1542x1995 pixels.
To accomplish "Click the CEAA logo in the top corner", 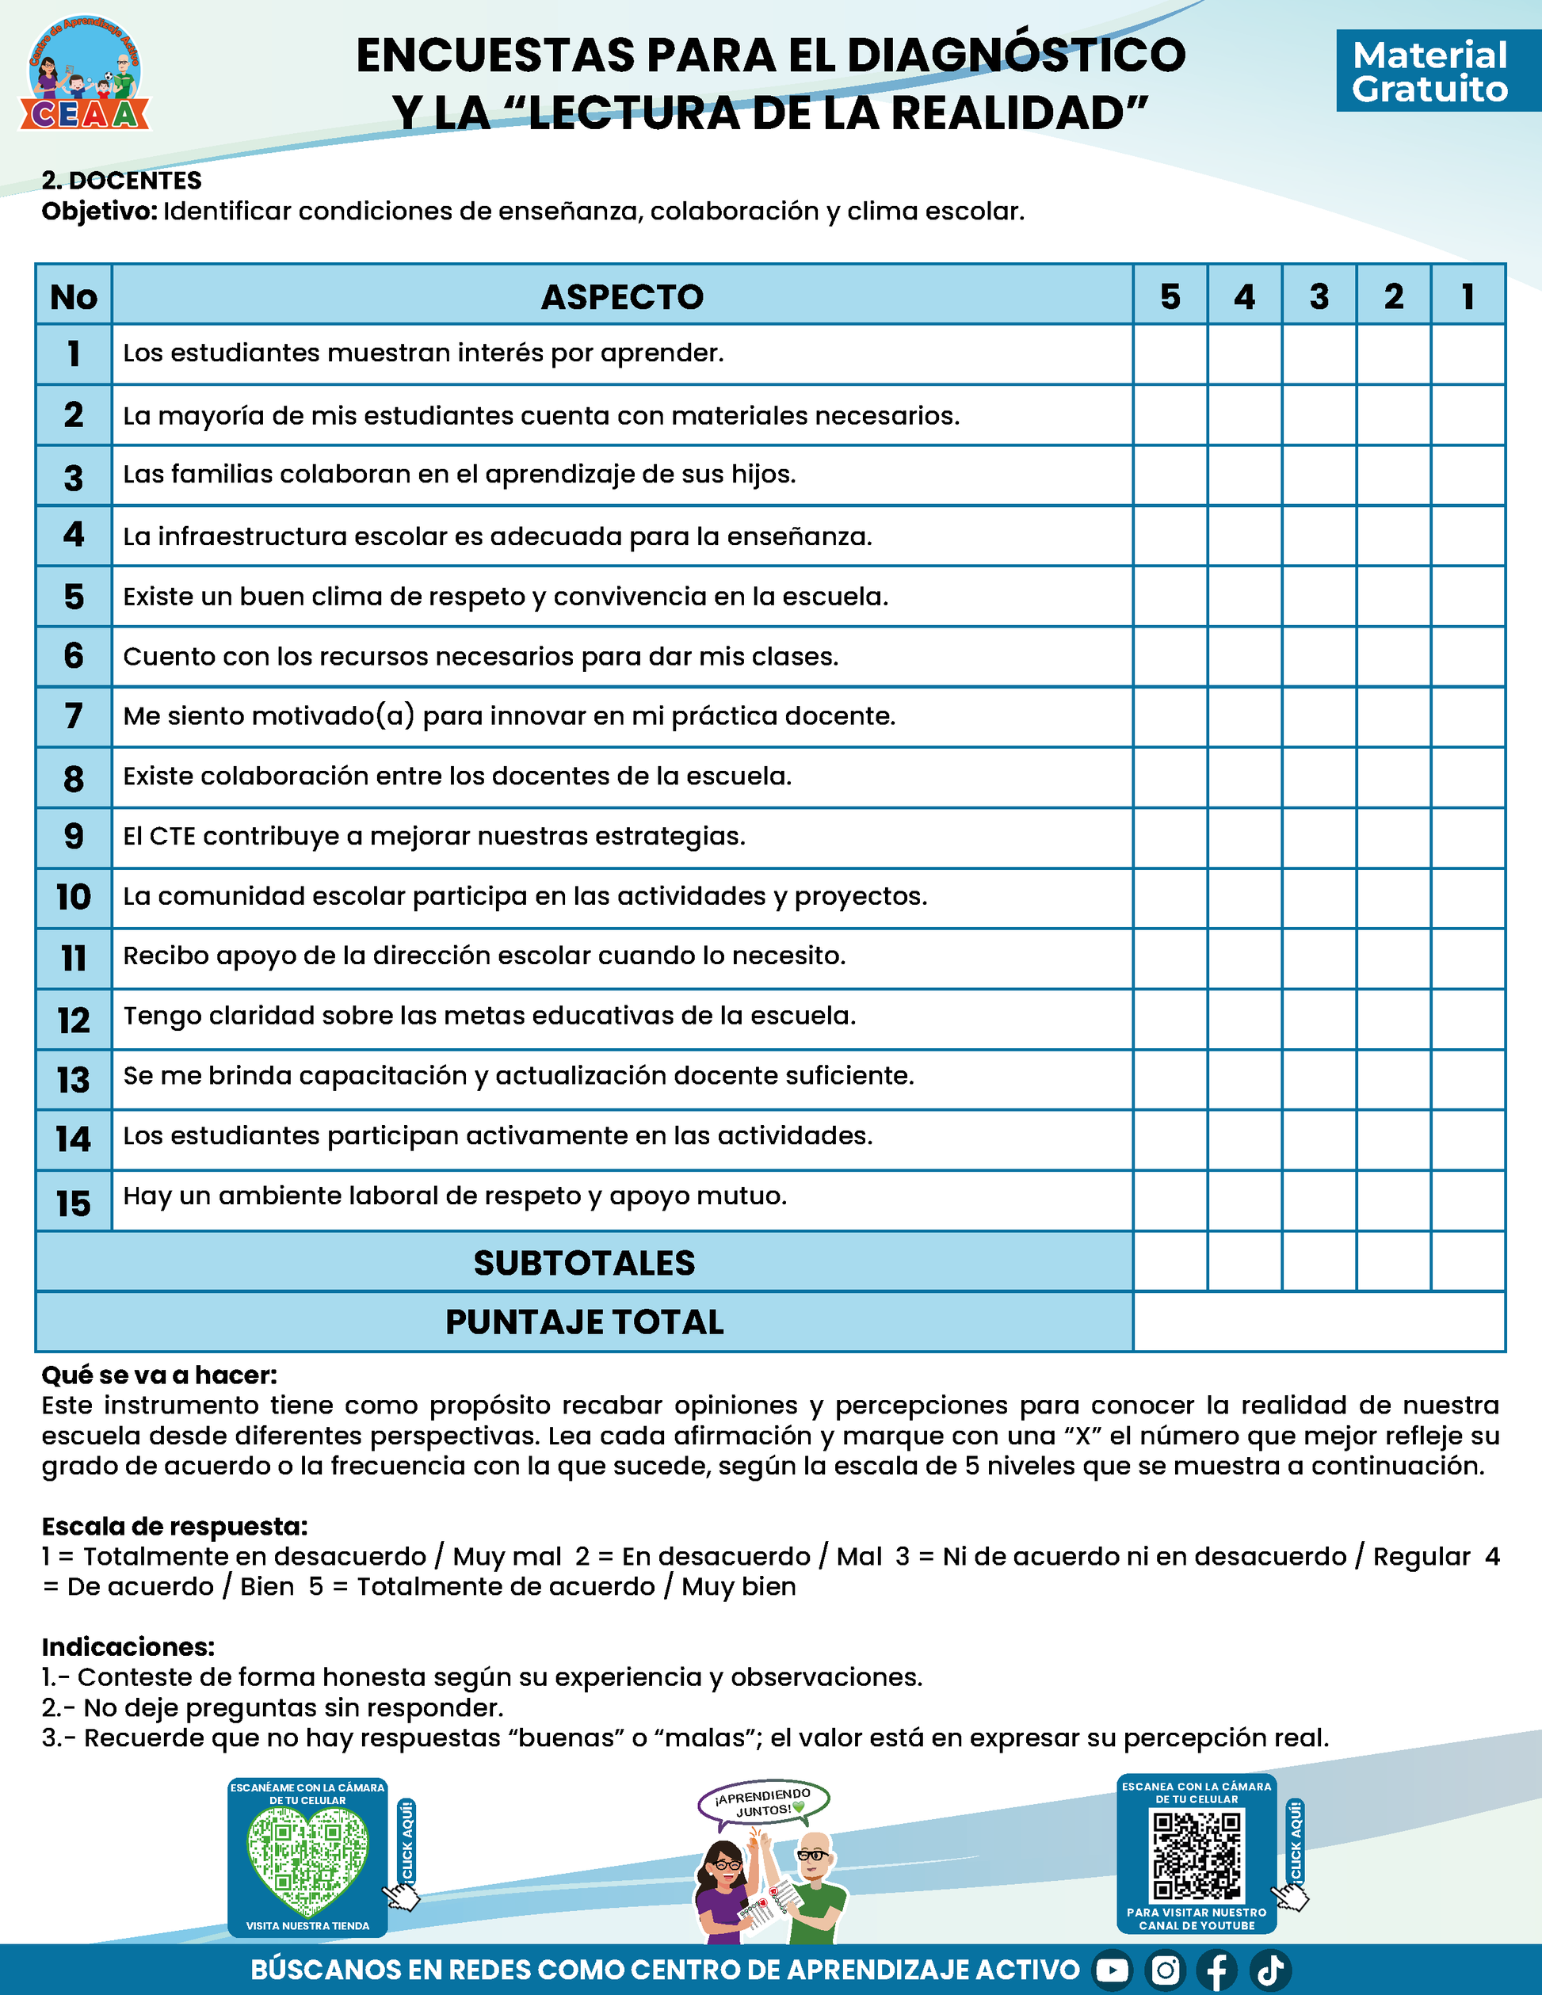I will click(84, 73).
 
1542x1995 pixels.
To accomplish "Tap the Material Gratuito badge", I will click(1429, 71).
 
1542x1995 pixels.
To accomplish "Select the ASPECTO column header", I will click(622, 297).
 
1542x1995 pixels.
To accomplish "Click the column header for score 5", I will click(1170, 297).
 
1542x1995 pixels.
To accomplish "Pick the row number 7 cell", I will click(74, 716).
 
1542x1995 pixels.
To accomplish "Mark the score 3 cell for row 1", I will click(1319, 354).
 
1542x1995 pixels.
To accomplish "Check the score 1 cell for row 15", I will click(1468, 1200).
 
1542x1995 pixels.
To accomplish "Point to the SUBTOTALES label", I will click(584, 1262).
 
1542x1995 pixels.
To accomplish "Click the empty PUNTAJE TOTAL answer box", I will click(1319, 1322).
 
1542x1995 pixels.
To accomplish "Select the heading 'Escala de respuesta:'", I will click(174, 1527).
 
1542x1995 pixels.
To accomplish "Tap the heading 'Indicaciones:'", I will click(128, 1647).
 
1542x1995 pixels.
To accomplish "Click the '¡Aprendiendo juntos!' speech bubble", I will click(764, 1803).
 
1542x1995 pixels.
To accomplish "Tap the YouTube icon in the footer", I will click(1112, 1970).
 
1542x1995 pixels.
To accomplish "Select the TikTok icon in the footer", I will click(1269, 1970).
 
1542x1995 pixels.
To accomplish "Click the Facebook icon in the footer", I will click(1217, 1970).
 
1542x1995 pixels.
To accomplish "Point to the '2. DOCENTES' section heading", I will click(121, 181).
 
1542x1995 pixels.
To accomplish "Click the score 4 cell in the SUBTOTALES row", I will click(1244, 1261).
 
